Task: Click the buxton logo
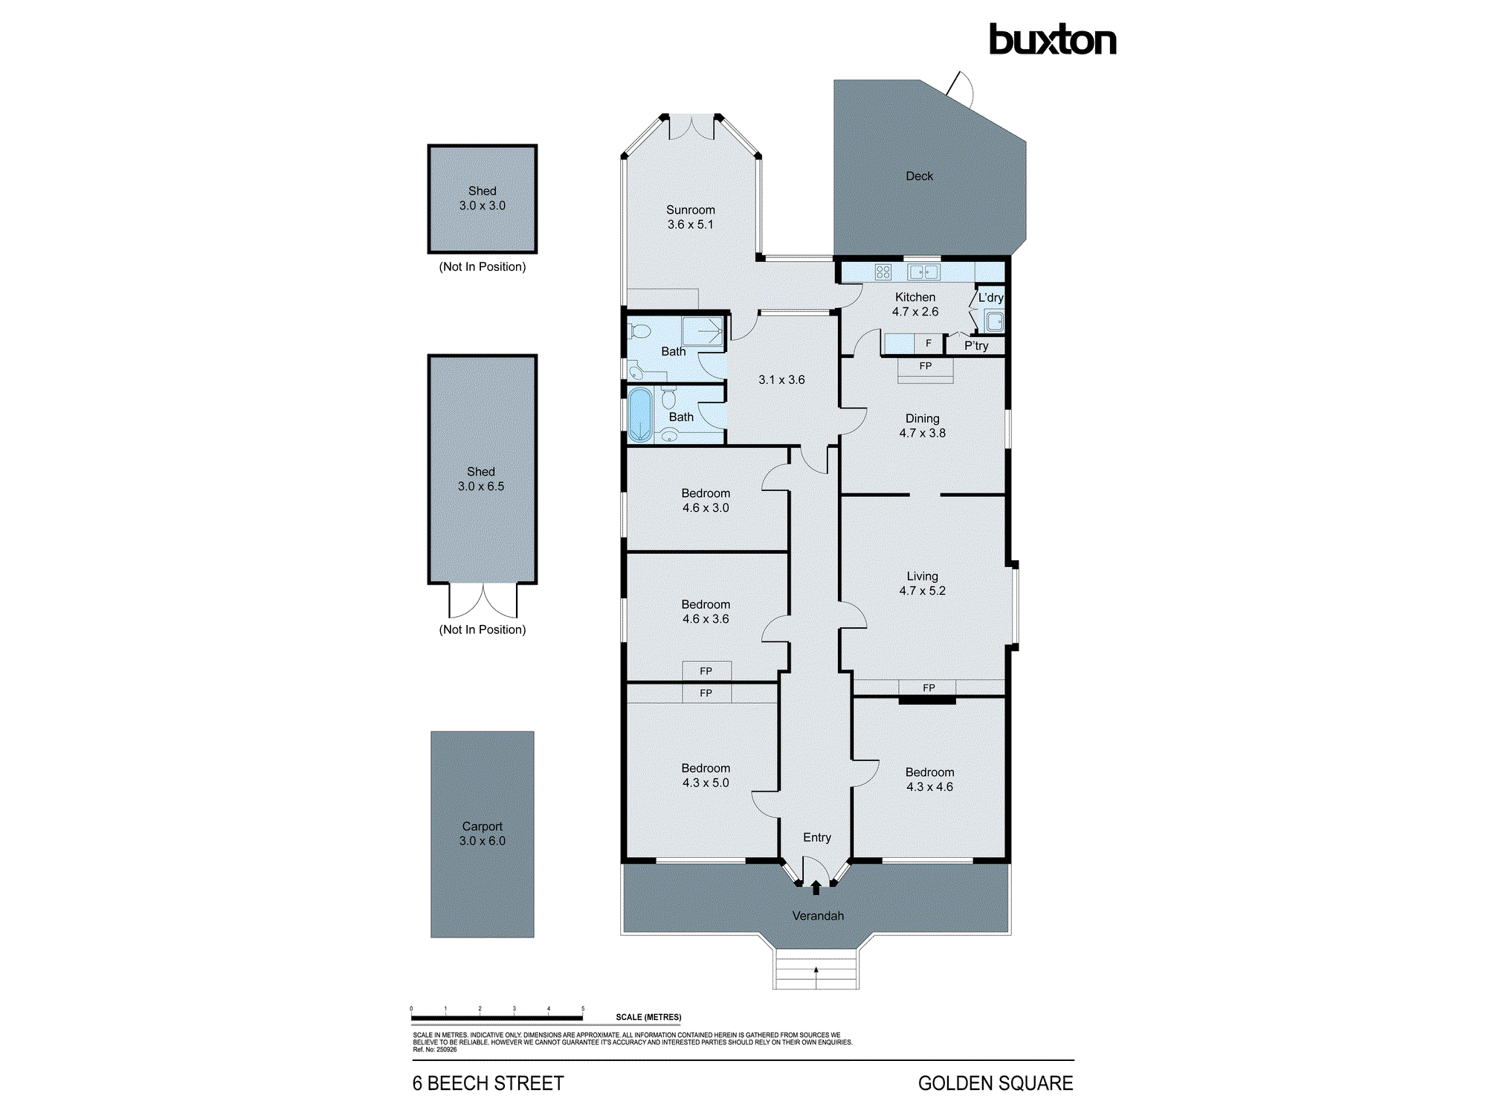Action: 1052,40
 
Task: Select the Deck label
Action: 919,176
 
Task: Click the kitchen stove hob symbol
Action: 883,272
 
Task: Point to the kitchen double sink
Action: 923,272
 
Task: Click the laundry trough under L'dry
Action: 994,321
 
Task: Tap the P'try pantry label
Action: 976,346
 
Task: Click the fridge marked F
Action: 928,344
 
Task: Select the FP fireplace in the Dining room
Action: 925,367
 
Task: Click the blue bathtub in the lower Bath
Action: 639,414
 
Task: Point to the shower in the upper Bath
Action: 703,331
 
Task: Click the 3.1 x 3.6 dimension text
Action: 781,379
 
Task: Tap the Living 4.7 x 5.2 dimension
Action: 922,591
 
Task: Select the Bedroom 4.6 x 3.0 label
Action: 705,501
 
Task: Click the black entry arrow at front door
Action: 816,888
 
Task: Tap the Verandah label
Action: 818,916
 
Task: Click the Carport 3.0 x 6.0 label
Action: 482,833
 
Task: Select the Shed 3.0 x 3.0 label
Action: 482,198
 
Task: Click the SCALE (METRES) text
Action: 648,1017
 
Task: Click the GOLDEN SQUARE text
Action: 995,1083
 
